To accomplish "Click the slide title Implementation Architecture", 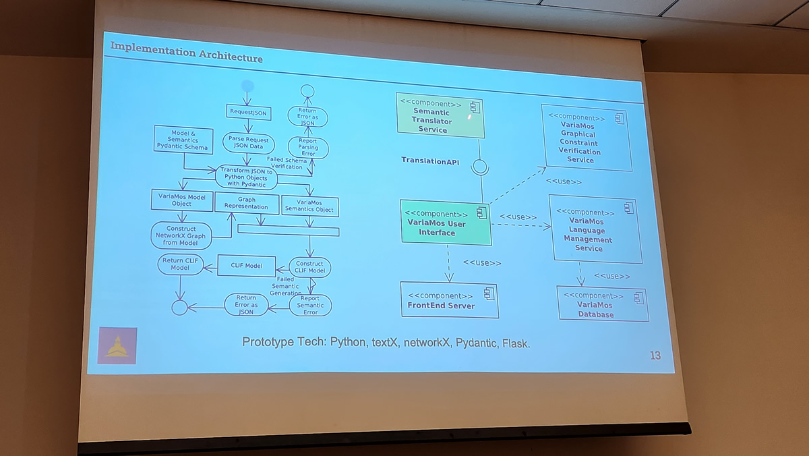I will tap(186, 52).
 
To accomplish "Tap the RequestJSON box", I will tap(248, 113).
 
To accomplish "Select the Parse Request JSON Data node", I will tap(248, 142).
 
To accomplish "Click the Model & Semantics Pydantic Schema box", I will tap(183, 140).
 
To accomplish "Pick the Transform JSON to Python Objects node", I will tap(247, 177).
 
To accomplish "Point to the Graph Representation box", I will tap(247, 202).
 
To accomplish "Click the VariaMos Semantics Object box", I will tap(309, 206).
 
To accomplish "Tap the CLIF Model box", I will tap(247, 266).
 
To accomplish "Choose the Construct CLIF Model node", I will tap(309, 266).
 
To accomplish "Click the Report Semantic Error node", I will tap(310, 305).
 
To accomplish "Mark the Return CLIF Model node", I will tap(180, 264).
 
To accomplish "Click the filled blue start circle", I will tap(247, 86).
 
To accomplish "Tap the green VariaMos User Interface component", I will tap(445, 222).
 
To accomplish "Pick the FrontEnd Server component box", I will tap(449, 300).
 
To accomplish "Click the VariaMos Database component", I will tap(602, 305).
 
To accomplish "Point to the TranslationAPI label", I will tap(430, 161).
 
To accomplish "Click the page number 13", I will tap(655, 355).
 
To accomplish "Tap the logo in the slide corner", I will tap(117, 345).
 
